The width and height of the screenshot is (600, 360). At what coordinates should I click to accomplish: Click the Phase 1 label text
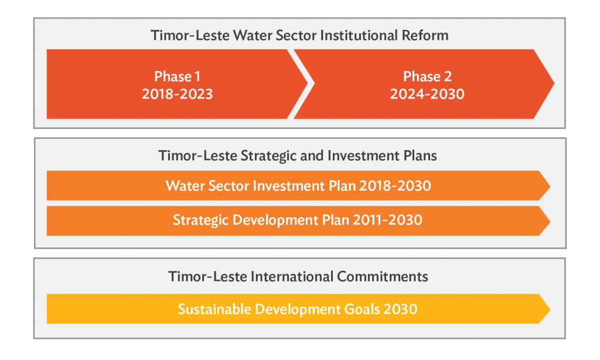click(x=177, y=77)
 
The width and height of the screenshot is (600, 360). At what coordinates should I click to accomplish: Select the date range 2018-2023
click(x=177, y=94)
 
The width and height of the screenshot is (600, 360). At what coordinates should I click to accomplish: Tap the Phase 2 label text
click(x=427, y=77)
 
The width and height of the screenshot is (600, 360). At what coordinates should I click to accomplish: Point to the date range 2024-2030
click(x=427, y=94)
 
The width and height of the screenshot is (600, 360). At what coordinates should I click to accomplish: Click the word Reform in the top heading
click(x=425, y=35)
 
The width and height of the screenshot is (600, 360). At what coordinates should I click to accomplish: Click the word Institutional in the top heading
click(x=359, y=35)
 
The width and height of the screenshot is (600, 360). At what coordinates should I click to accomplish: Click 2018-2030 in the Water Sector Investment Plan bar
click(x=396, y=186)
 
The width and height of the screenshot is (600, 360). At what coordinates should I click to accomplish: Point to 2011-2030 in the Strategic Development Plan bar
click(x=388, y=220)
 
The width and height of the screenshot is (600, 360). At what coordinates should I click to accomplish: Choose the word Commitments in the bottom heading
click(x=382, y=277)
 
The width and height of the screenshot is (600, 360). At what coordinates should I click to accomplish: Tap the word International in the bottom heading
click(x=292, y=277)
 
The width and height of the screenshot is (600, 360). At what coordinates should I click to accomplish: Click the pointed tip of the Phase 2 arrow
click(x=554, y=83)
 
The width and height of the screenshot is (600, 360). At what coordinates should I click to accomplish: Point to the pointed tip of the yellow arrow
click(x=550, y=309)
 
